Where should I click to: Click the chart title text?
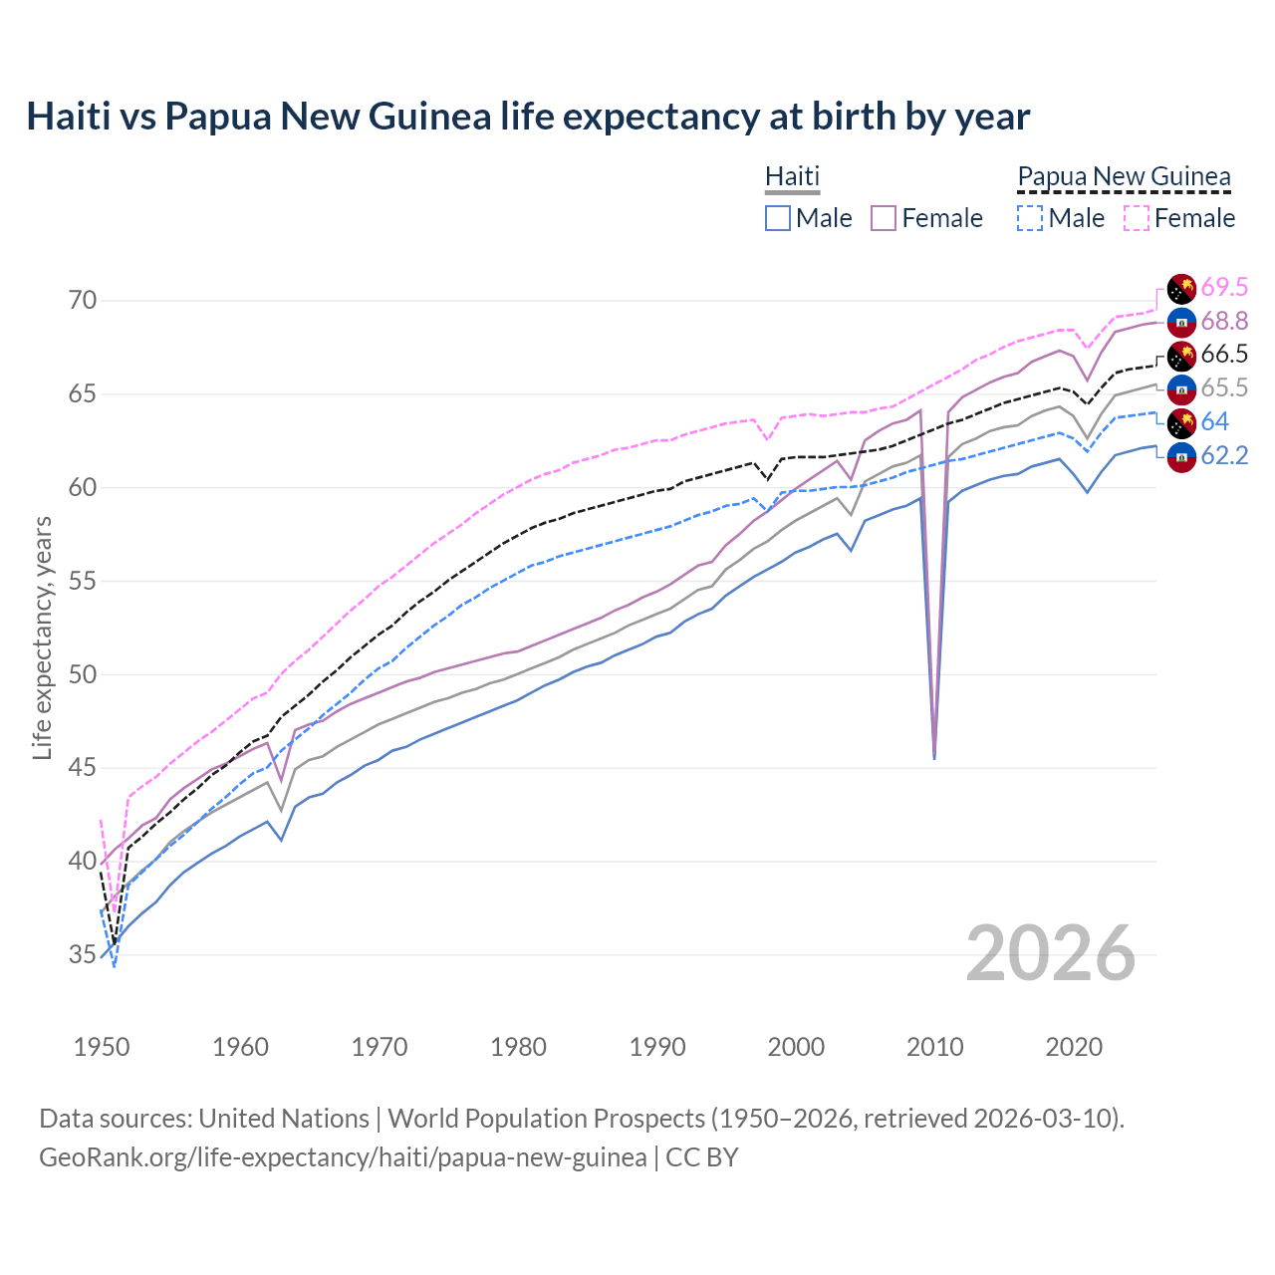528,117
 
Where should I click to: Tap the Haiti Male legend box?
778,218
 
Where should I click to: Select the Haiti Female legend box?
884,218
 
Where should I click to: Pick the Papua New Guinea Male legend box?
1030,218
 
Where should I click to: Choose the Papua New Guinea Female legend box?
1137,218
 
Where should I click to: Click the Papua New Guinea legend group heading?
1124,176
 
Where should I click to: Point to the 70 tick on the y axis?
83,300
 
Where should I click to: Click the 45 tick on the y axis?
83,768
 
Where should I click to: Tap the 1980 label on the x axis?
518,1047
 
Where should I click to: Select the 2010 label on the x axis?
934,1047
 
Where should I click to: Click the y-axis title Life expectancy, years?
43,637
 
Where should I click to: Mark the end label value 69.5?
1224,288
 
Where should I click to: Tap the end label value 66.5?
1224,355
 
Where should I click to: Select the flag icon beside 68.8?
1181,322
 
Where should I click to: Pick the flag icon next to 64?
1181,422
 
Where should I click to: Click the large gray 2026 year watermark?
1051,953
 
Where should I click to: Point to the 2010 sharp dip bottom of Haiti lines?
934,757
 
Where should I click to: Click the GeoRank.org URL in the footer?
343,1157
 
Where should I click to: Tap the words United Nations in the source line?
284,1119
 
